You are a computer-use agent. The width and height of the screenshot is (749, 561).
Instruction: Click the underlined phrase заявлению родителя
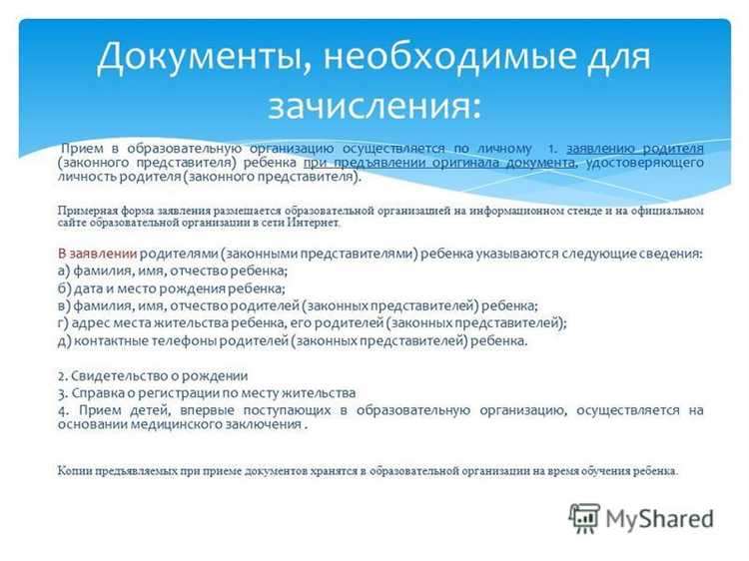coord(634,148)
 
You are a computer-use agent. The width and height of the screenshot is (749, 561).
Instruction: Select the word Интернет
coord(313,223)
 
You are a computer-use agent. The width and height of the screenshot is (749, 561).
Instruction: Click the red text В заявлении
coord(97,254)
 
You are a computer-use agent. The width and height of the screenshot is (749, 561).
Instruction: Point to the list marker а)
coord(64,271)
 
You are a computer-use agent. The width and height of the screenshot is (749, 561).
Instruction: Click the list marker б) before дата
coord(64,287)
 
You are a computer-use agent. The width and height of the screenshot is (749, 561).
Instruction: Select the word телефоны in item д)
coord(184,340)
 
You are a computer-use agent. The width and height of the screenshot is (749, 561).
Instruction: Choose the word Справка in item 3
coord(98,392)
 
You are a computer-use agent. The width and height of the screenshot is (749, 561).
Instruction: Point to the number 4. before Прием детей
coord(63,410)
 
